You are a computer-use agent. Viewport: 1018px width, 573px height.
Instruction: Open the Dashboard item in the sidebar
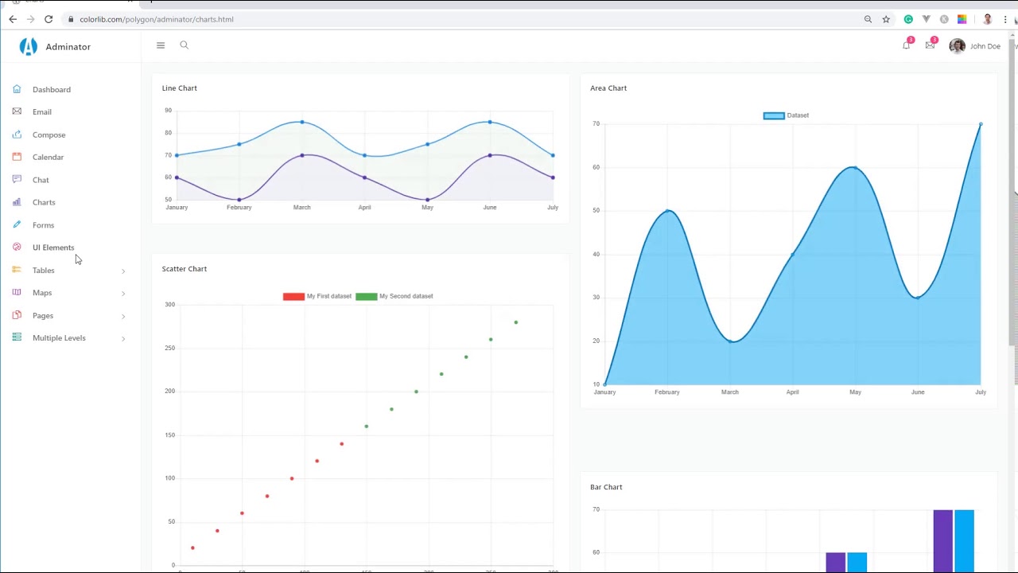point(51,90)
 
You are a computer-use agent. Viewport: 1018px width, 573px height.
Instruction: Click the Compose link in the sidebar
point(49,135)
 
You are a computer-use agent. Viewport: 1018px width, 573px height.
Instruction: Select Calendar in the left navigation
point(48,158)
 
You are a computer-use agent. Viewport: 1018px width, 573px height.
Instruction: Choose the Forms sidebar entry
point(43,225)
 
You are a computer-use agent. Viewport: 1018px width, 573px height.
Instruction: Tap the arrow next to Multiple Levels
point(123,339)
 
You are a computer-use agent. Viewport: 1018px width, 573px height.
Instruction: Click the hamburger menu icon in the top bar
point(161,45)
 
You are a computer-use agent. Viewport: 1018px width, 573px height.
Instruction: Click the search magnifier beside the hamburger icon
point(184,45)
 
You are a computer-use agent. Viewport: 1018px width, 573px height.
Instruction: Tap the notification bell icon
point(906,46)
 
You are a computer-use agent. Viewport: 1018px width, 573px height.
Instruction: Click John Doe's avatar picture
point(957,46)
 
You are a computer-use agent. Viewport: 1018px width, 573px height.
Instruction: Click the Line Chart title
point(179,88)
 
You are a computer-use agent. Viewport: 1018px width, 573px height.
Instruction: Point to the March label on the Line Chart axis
point(301,208)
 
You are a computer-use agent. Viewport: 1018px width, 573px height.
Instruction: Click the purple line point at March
point(301,155)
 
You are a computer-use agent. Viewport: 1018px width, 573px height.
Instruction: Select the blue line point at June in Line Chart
point(490,122)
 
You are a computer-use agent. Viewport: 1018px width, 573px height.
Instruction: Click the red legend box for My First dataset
point(293,297)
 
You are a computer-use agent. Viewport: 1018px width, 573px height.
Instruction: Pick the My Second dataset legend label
point(406,297)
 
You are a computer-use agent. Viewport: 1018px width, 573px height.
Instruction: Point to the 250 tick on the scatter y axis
point(169,348)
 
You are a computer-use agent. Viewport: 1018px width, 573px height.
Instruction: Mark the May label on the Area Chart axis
point(855,392)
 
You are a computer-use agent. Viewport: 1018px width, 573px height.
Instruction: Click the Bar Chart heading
point(606,487)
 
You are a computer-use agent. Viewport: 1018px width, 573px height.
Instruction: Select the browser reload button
point(49,19)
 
